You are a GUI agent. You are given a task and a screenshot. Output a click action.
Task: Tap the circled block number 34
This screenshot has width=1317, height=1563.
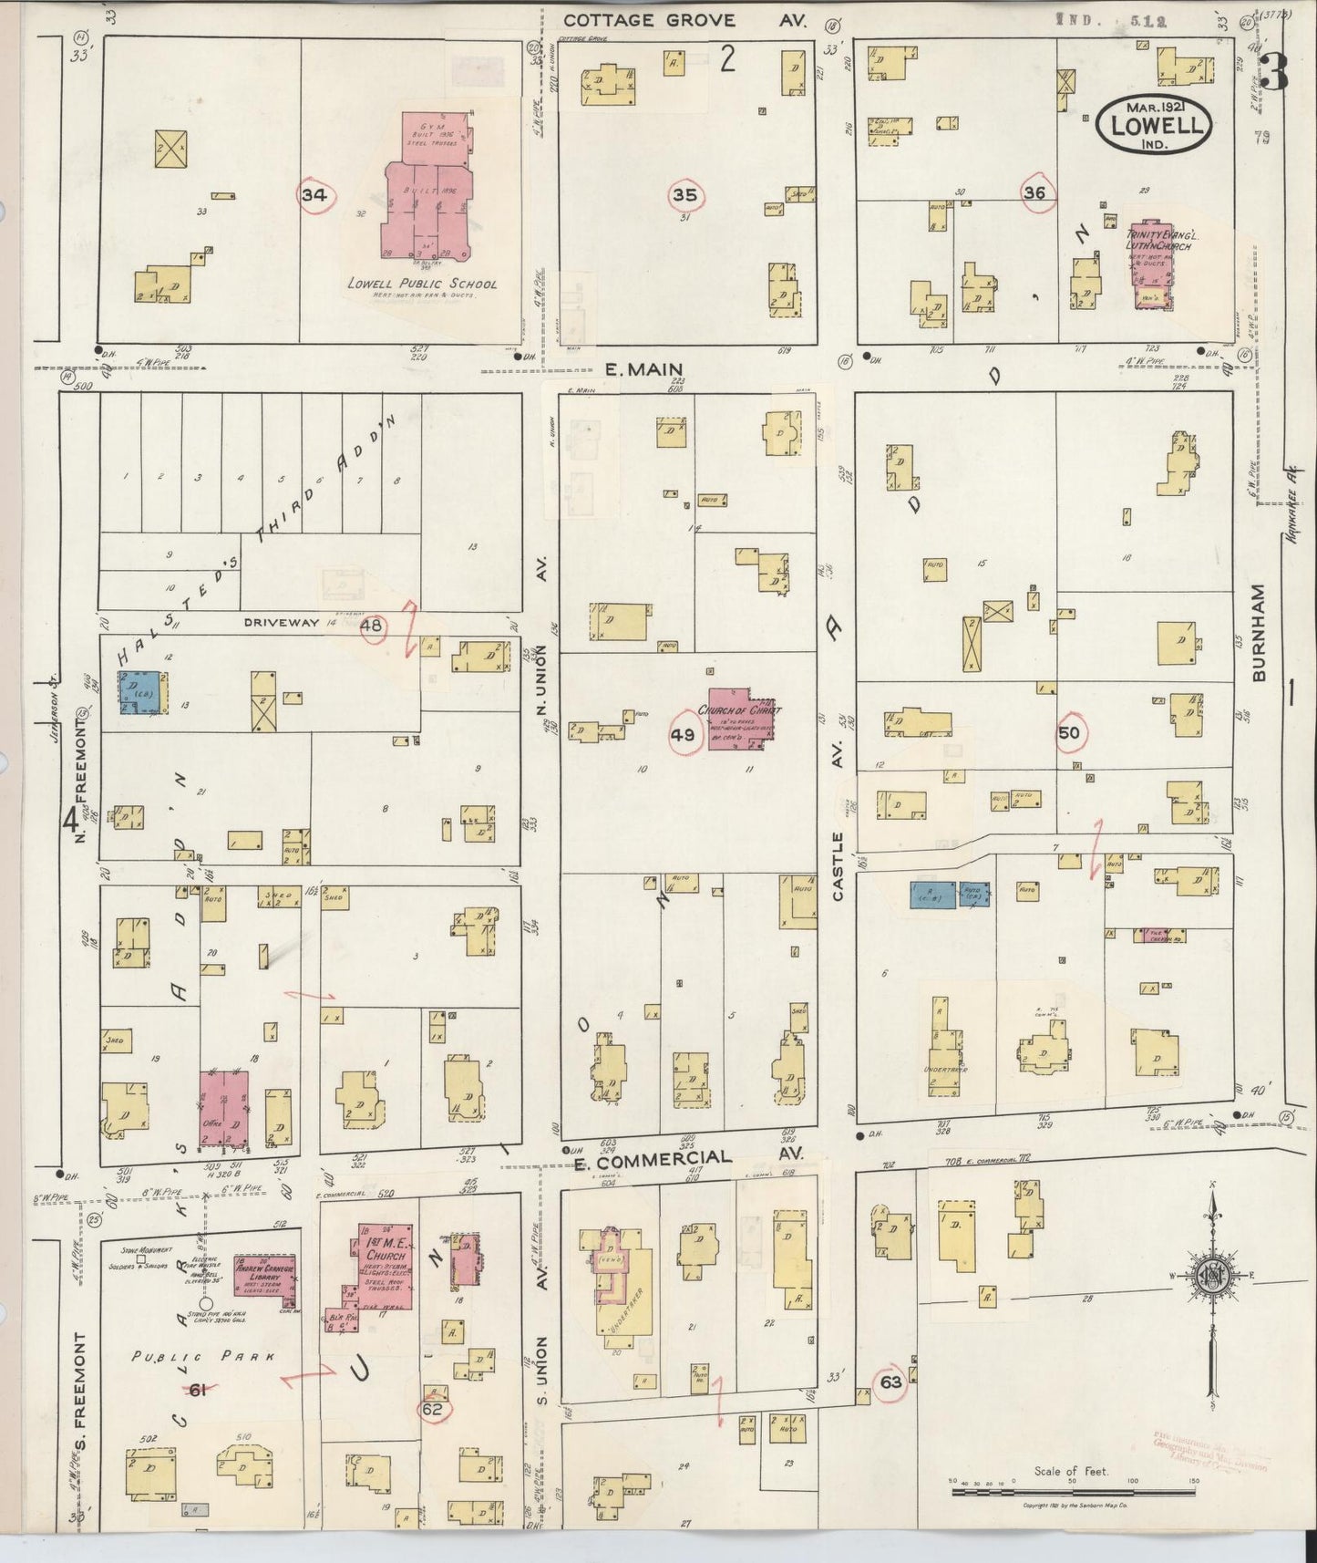315,195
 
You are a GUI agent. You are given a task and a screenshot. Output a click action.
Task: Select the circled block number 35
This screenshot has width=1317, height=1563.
685,194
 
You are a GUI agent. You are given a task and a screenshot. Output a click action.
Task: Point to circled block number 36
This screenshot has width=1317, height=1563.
1034,192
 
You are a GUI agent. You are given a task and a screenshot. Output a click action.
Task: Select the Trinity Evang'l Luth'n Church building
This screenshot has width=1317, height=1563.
1152,263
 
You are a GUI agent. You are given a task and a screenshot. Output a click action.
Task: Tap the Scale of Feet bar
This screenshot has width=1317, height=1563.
1072,1493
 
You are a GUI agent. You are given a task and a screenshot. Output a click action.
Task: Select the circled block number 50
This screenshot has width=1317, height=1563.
1069,733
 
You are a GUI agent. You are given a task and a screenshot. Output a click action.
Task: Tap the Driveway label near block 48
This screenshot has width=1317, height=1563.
282,622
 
